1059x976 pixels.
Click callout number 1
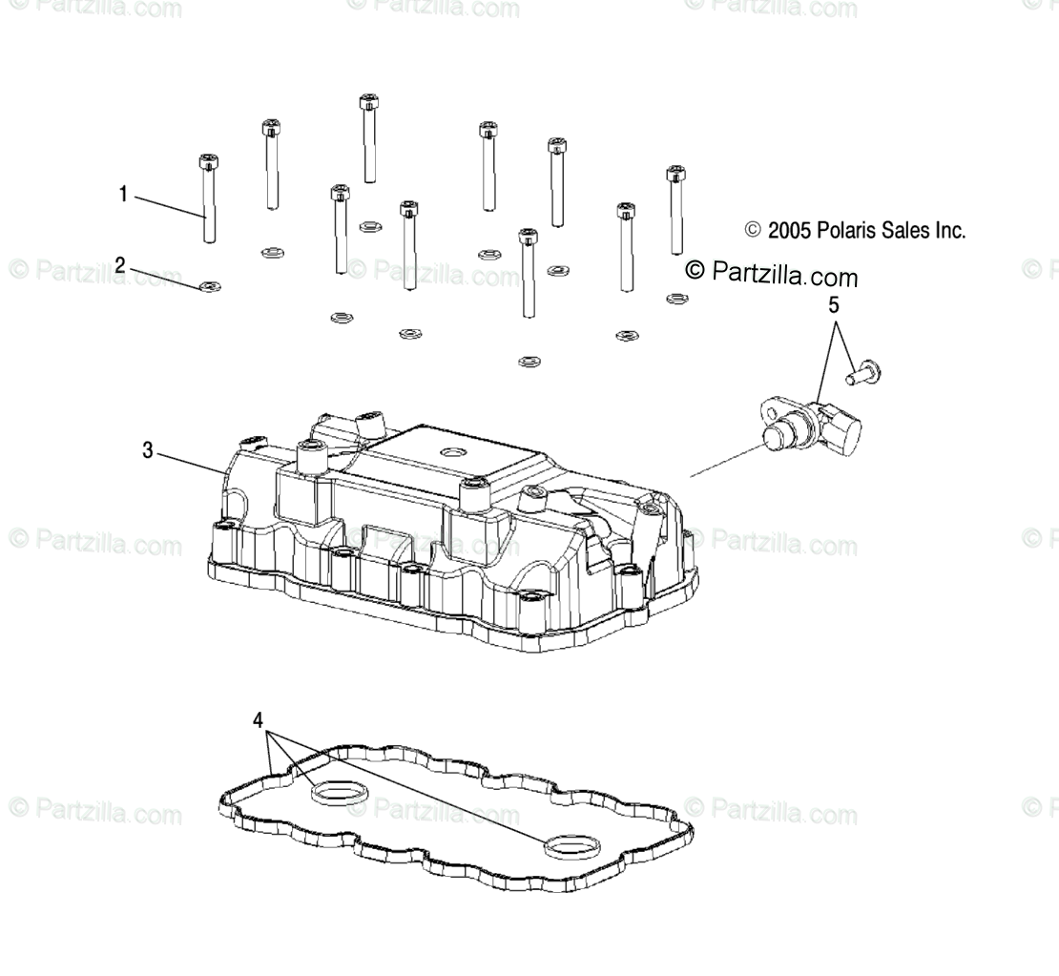(x=123, y=195)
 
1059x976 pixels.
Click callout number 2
(x=120, y=265)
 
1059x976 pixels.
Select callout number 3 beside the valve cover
(x=148, y=450)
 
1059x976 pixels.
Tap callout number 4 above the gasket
(x=258, y=720)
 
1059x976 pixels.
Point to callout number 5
(x=833, y=306)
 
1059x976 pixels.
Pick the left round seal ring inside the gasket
(x=335, y=793)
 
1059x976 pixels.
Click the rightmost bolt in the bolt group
(x=675, y=209)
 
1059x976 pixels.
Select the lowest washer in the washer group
(x=528, y=361)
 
